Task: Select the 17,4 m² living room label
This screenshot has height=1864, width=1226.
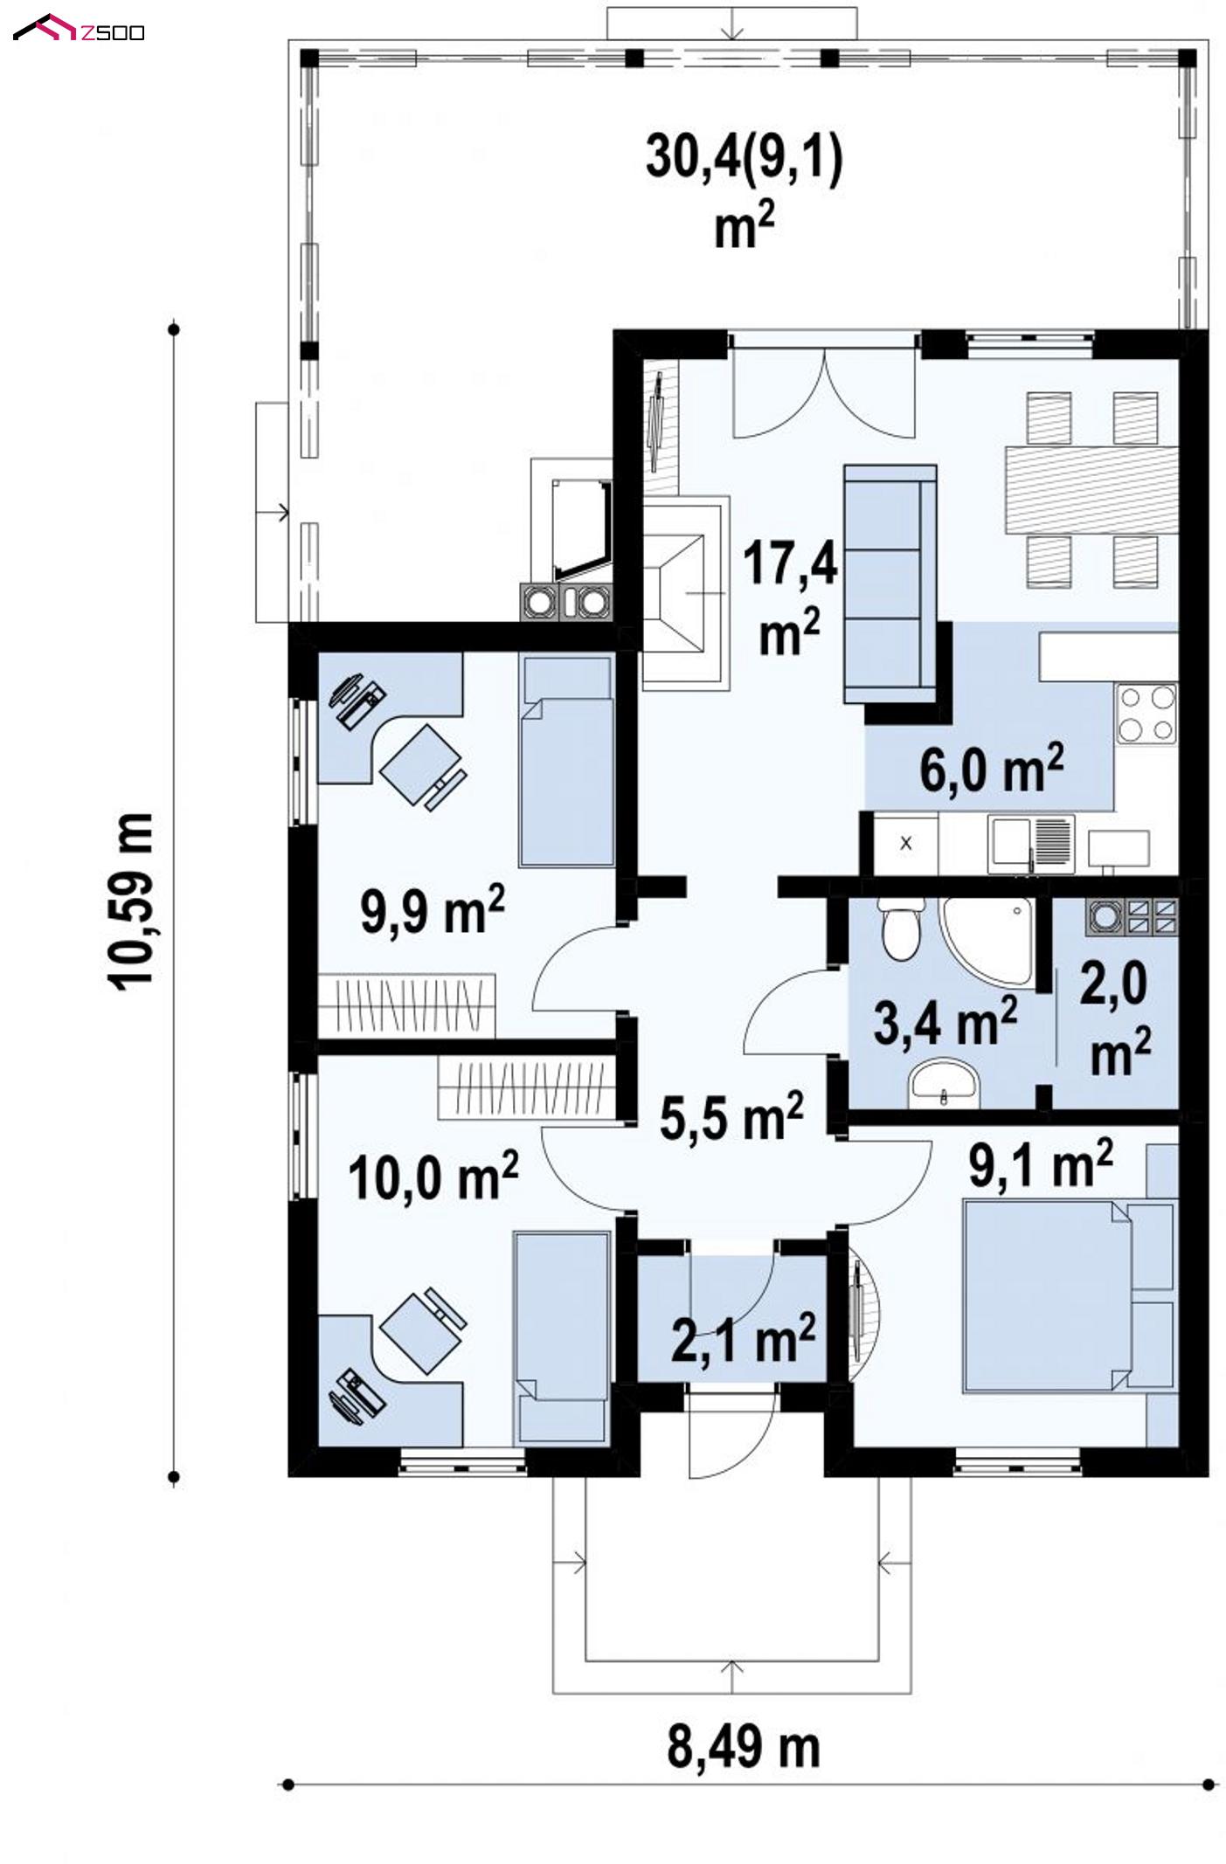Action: pos(790,597)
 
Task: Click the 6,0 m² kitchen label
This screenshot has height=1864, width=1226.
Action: pos(991,768)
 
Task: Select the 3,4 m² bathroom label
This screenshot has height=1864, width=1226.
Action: pos(945,1020)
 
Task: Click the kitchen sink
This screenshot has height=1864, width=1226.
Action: pos(1031,844)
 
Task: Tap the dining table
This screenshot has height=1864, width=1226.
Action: pos(1091,489)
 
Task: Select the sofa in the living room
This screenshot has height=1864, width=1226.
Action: pos(890,583)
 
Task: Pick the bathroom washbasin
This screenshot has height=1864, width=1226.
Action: pos(944,1082)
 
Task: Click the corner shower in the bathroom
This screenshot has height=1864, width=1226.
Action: pos(987,941)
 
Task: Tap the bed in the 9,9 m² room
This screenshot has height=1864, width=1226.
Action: pos(565,762)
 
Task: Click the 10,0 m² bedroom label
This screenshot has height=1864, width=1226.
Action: pos(433,1175)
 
